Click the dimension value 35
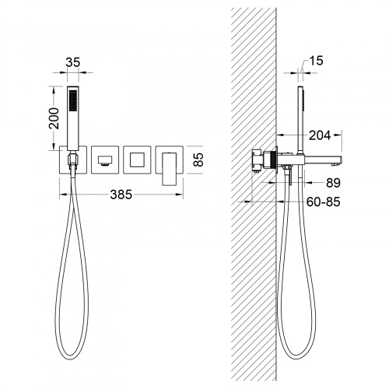[73, 62]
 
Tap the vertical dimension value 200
[54, 118]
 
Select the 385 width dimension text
[121, 194]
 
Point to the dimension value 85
[198, 159]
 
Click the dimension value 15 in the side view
[317, 61]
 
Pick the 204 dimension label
[320, 135]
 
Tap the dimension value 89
[333, 183]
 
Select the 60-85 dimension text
[323, 202]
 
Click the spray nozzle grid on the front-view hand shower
[73, 100]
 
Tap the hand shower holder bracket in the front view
[72, 159]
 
